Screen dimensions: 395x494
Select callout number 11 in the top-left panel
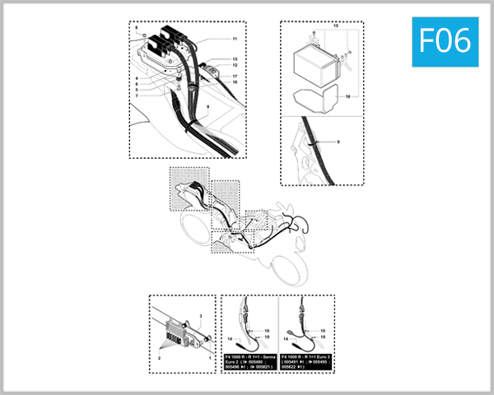click(x=234, y=39)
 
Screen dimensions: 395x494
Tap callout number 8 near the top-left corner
click(x=137, y=29)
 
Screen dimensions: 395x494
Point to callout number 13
click(x=234, y=60)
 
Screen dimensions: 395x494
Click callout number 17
click(x=234, y=76)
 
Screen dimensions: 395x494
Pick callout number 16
click(x=234, y=82)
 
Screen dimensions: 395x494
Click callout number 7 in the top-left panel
click(x=137, y=95)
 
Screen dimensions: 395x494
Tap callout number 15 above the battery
click(x=334, y=28)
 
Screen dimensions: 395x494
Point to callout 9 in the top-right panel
click(x=337, y=142)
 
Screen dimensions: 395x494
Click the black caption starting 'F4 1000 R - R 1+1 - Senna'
click(x=249, y=362)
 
